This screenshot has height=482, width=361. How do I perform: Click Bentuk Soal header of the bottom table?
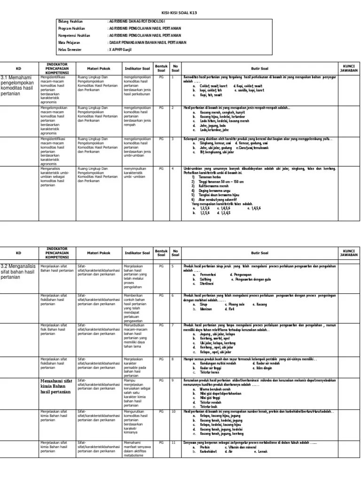coord(161,253)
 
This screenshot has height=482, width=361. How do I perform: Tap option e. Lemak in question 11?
coord(260,452)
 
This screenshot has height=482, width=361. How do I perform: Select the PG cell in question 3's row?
coord(161,139)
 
